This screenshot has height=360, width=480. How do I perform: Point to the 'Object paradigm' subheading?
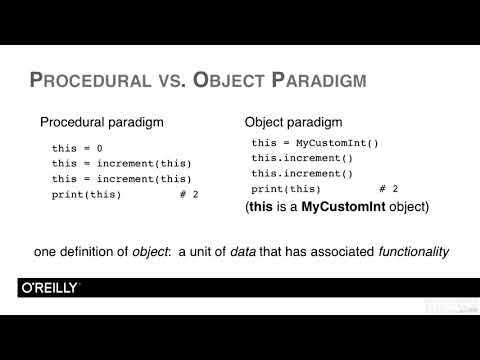(291, 123)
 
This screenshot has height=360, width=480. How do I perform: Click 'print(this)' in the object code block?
(286, 188)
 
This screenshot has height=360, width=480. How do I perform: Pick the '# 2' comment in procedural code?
(188, 193)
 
